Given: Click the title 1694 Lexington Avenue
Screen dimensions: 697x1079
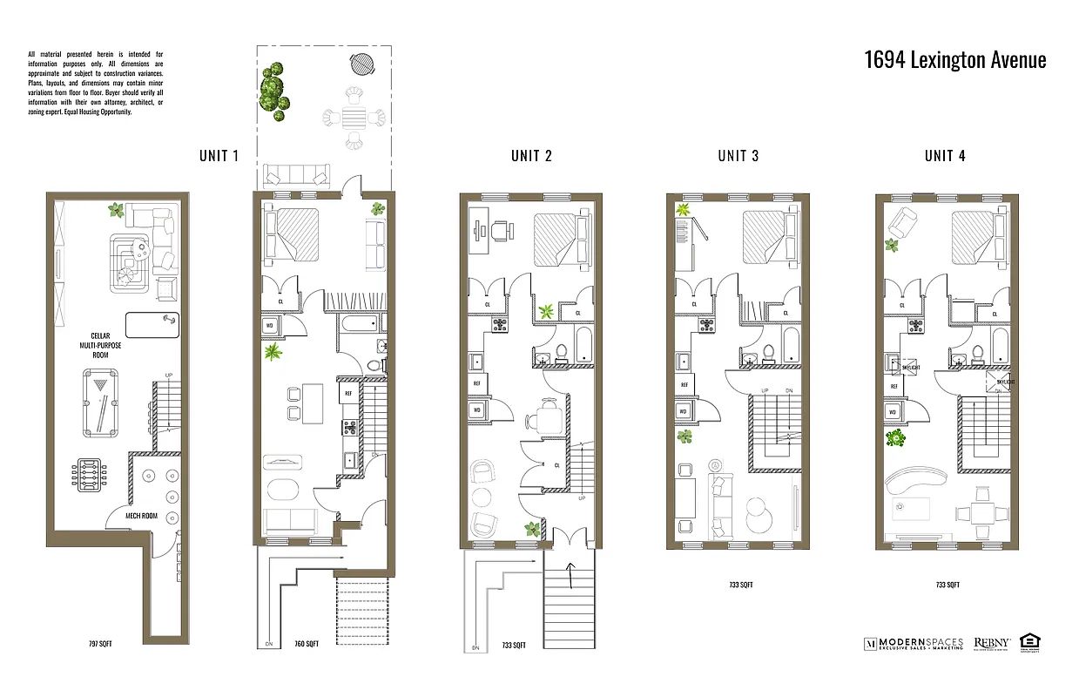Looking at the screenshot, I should tap(954, 59).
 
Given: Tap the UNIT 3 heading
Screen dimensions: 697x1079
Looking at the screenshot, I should tap(738, 156).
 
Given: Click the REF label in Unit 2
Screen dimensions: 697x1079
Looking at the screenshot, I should tap(477, 383).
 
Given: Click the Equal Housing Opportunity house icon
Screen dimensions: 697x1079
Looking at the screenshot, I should tap(1031, 643).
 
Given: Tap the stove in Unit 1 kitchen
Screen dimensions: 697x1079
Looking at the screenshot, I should tap(349, 427).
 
